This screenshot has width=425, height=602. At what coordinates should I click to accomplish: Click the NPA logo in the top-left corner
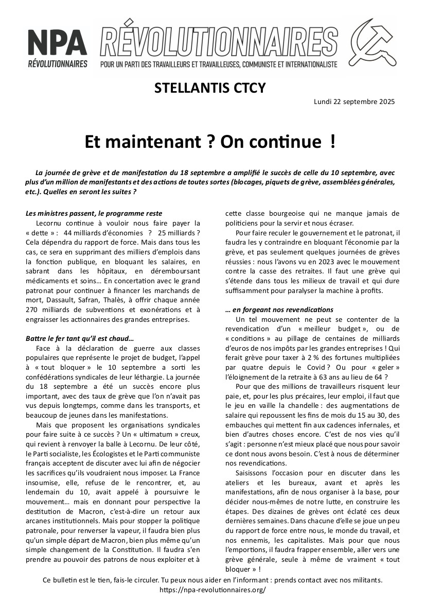[57, 48]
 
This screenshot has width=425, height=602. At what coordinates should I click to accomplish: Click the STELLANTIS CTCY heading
[210, 89]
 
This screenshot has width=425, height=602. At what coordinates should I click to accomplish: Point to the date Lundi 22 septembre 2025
[354, 101]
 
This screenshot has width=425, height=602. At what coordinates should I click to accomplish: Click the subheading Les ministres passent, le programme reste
[94, 213]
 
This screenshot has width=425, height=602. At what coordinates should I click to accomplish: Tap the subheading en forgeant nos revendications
[279, 309]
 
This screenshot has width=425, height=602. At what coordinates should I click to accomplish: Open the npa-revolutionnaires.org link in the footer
[213, 590]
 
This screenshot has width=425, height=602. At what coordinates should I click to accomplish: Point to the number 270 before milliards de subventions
[32, 310]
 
